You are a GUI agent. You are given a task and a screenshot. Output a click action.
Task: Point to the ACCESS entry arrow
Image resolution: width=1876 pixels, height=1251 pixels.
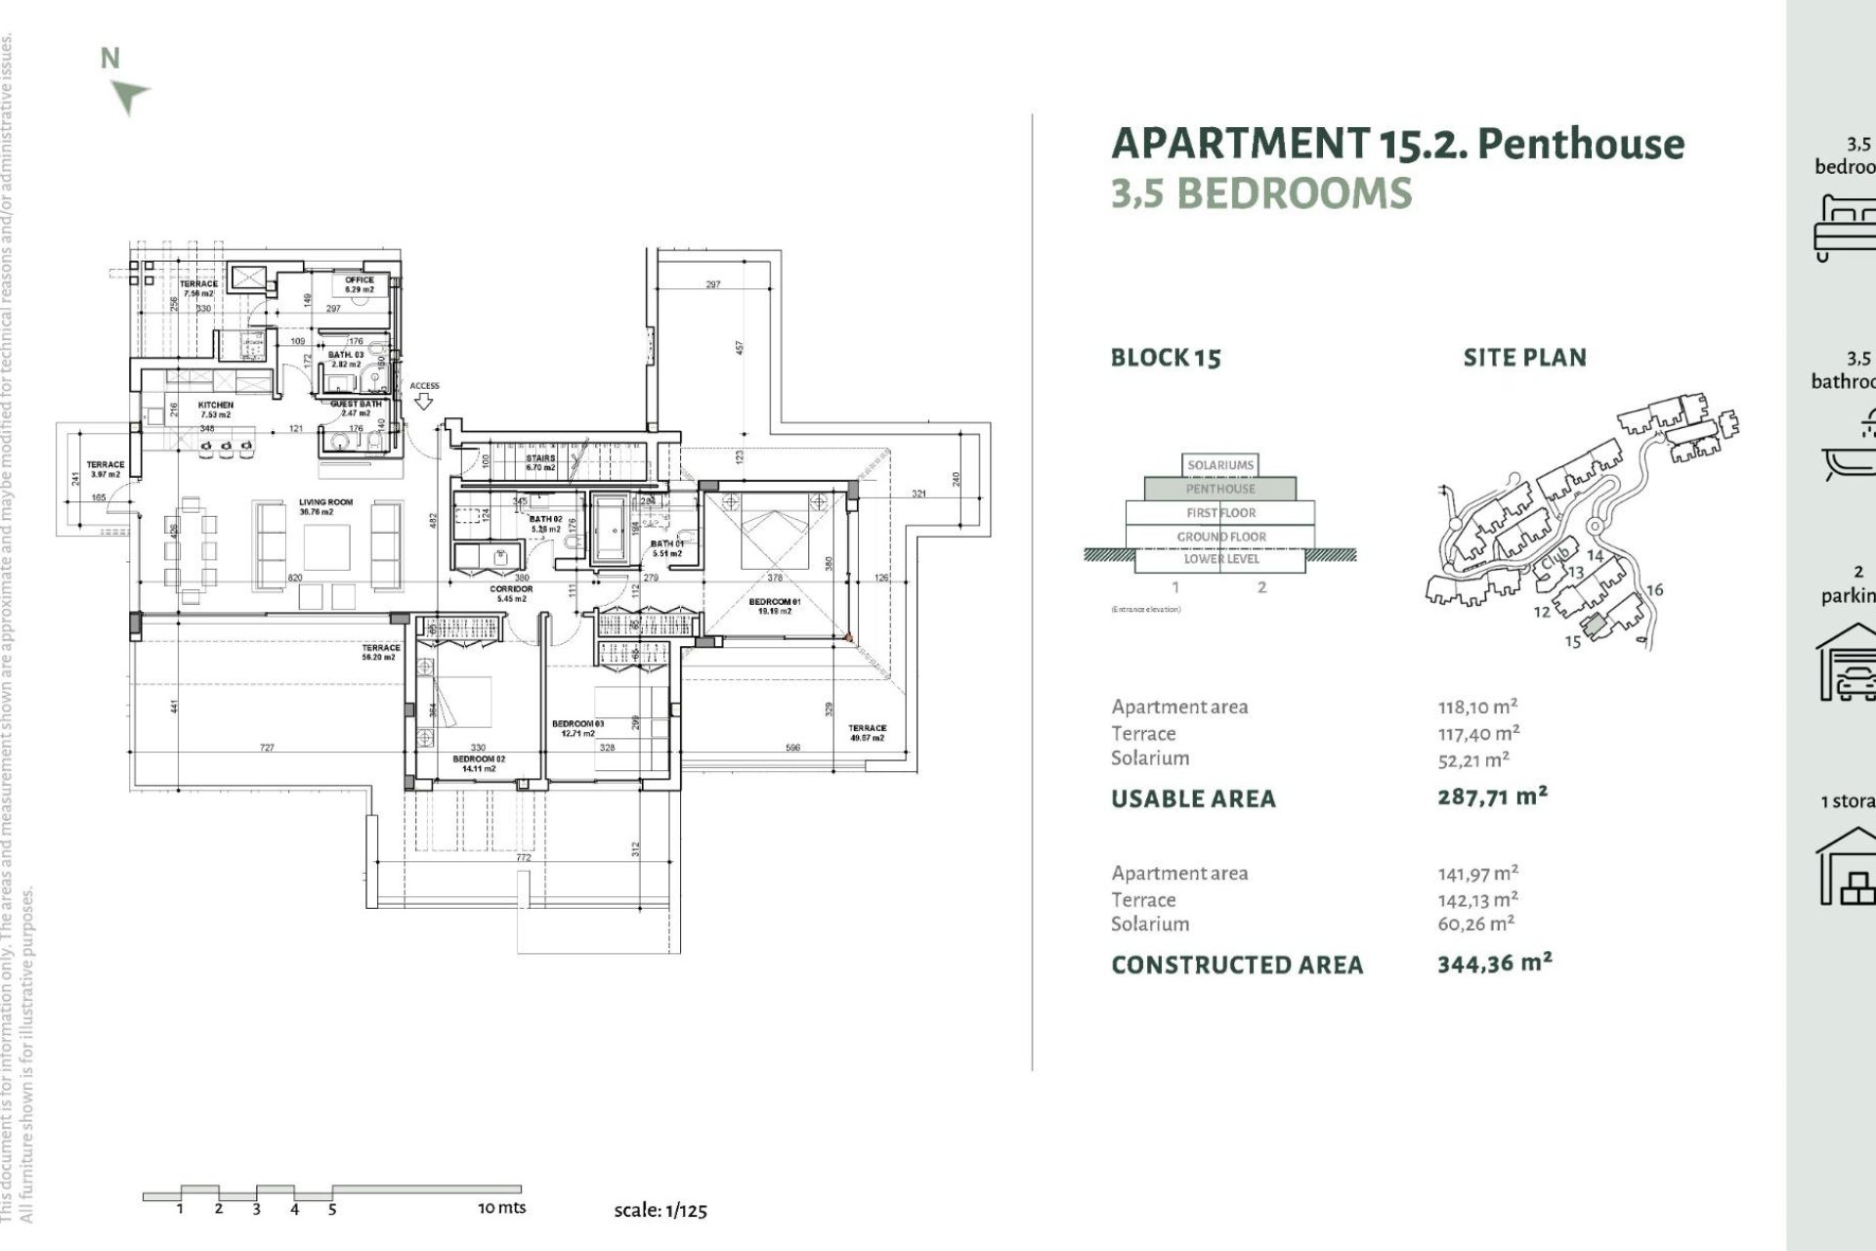point(424,400)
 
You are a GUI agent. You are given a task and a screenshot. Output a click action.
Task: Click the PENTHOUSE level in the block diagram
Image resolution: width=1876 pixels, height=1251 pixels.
point(1220,489)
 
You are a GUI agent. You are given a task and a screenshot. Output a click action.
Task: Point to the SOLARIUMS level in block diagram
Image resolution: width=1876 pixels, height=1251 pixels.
point(1220,465)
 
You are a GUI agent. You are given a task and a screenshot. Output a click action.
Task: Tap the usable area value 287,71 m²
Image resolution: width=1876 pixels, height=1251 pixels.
point(1492,797)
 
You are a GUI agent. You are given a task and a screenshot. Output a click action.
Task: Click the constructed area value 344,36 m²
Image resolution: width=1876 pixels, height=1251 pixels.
point(1494,964)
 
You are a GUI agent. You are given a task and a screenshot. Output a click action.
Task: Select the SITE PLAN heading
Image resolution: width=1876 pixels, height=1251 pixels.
point(1524,358)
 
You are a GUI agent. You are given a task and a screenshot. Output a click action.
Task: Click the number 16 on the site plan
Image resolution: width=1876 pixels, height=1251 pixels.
point(1654,589)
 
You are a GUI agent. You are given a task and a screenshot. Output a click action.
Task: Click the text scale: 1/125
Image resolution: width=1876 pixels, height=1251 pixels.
point(661,1210)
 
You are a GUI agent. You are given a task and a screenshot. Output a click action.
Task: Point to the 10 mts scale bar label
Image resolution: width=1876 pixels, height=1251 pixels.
point(501,1208)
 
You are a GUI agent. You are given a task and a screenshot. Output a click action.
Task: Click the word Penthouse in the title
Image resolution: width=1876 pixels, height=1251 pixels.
point(1581,144)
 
